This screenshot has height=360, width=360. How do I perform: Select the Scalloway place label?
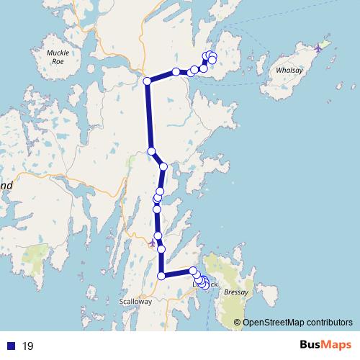tap(136, 302)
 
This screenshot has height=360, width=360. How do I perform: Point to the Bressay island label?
tap(236, 293)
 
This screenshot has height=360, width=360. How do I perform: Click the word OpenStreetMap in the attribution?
tap(271, 323)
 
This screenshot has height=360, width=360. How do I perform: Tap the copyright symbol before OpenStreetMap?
tap(237, 323)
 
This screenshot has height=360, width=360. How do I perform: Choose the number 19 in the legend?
tap(28, 346)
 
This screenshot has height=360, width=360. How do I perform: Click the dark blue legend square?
tap(11, 346)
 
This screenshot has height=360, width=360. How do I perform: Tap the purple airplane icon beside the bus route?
tap(152, 243)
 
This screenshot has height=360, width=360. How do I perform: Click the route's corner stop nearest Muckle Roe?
tap(147, 81)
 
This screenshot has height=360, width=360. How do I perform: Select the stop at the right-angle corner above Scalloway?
tap(162, 275)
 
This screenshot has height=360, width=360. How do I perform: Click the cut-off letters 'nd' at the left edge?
tap(6, 185)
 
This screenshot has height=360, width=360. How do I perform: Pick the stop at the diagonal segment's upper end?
tap(151, 150)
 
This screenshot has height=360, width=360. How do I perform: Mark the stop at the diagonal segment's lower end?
tap(163, 166)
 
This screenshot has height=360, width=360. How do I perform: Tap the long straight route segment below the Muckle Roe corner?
tap(149, 115)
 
